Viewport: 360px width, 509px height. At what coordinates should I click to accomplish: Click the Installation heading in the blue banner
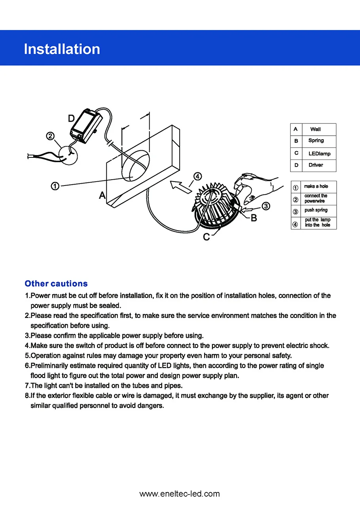tap(62, 49)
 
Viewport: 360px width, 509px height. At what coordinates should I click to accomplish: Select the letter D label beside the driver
tap(71, 119)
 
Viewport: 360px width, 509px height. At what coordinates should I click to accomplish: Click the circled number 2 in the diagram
tap(50, 136)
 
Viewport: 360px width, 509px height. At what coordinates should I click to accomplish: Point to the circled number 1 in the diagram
tap(55, 186)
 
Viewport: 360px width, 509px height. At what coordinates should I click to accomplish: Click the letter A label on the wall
tap(102, 195)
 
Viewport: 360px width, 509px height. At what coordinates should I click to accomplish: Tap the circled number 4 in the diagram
tap(197, 176)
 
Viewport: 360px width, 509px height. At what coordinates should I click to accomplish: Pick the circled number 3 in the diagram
tap(266, 206)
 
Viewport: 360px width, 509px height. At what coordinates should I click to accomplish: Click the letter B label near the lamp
tap(254, 218)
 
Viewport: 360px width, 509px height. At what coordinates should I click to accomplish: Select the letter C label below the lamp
tap(206, 237)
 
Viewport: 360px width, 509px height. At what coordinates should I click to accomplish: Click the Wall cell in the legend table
tap(315, 129)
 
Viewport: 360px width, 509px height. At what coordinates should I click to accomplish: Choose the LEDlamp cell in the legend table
tap(319, 153)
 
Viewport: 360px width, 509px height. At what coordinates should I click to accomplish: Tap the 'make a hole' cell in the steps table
tap(316, 186)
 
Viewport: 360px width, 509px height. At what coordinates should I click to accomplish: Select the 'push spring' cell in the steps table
tap(316, 210)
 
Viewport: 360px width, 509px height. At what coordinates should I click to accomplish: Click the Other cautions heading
tap(56, 284)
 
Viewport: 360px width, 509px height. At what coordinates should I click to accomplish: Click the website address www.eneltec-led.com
tap(180, 494)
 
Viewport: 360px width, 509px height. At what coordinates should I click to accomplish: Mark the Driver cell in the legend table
tap(315, 165)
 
